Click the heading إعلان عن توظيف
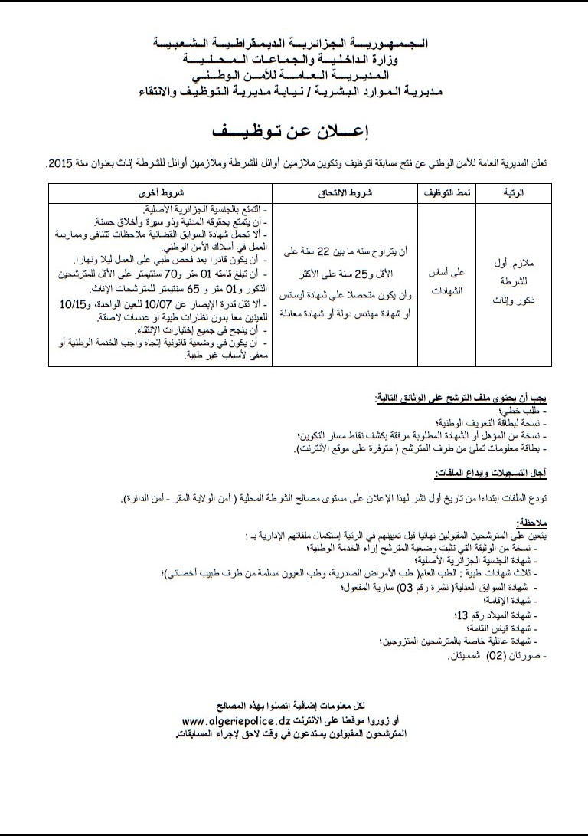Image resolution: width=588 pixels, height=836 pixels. [x=294, y=130]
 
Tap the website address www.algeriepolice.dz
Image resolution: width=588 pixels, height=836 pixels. [x=239, y=721]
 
